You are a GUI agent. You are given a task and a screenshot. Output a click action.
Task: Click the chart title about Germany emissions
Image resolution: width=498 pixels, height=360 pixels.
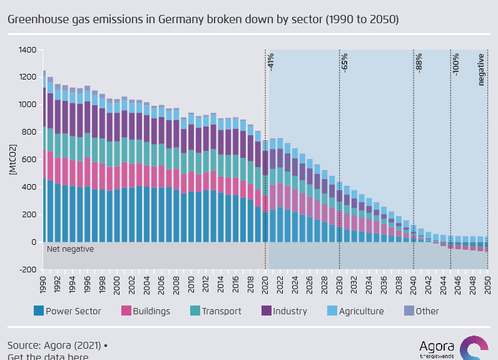[203, 19]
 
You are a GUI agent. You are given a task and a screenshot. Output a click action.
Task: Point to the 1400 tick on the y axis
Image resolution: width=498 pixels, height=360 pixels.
[28, 49]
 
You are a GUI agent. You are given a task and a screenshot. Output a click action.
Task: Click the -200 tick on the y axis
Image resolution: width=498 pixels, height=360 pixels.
[28, 270]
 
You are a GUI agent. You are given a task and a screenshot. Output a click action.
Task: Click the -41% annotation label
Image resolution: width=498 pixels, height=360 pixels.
[271, 61]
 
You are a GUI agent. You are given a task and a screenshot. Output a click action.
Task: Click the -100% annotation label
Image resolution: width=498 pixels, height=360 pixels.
[456, 64]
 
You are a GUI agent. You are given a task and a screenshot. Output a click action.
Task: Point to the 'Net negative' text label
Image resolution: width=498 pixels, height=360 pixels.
[70, 249]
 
